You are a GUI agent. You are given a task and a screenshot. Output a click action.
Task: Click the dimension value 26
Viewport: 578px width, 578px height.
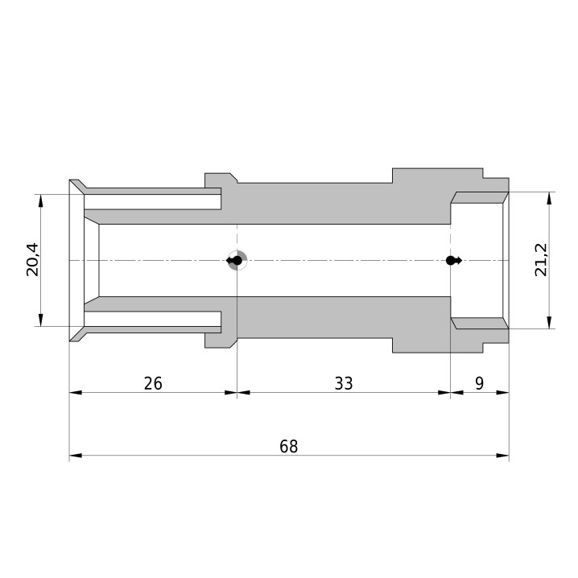coord(153,384)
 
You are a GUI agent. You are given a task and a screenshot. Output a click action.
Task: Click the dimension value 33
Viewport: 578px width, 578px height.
coord(344,384)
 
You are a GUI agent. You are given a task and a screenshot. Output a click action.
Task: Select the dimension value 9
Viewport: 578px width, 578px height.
coord(479,384)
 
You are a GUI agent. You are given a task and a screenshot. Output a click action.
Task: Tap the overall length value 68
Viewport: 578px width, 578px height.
coord(289,447)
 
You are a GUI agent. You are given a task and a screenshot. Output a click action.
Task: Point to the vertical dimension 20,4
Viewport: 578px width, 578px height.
coord(32,259)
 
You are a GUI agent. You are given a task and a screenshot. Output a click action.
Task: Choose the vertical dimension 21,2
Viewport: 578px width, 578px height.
coord(541,260)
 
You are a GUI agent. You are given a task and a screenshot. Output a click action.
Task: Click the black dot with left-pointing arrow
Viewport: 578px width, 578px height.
coord(234,261)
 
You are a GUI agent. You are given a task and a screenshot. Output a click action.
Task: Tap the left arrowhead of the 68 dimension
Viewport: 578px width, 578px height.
coord(76,456)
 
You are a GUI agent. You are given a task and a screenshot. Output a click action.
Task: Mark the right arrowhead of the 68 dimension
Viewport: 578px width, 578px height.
coord(503,456)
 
